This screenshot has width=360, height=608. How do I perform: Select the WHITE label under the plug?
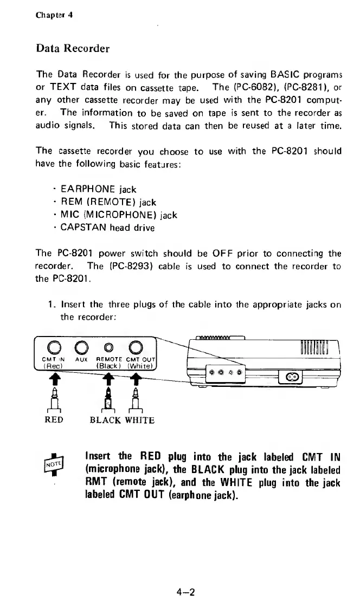point(139,420)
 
